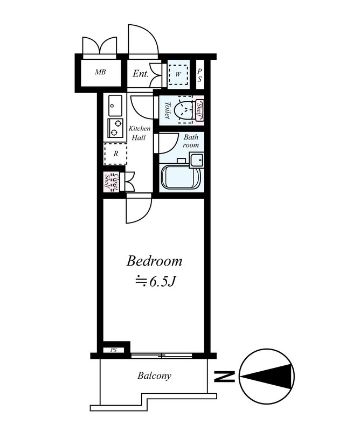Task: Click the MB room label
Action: [x=100, y=72]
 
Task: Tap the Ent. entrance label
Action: [x=141, y=74]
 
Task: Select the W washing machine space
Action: [x=178, y=74]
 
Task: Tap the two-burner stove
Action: [x=115, y=128]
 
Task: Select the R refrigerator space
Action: [x=115, y=154]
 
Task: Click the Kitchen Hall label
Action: [x=140, y=133]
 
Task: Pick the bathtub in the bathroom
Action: [x=181, y=177]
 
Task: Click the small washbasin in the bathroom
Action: [x=196, y=161]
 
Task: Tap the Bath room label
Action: [x=191, y=141]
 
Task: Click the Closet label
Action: [x=115, y=182]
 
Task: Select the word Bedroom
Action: [x=154, y=261]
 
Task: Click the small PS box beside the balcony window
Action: [x=114, y=350]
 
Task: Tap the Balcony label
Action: [x=154, y=376]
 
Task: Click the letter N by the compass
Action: [x=224, y=376]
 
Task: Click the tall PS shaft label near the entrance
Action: [x=199, y=75]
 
